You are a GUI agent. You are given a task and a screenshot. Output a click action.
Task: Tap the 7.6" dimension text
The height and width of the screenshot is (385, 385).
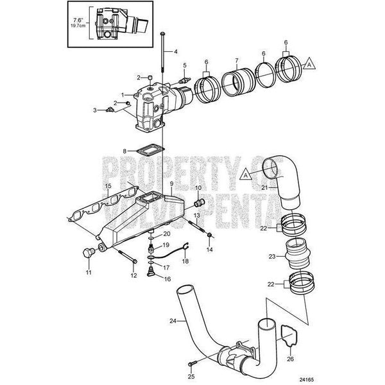(x=80, y=21)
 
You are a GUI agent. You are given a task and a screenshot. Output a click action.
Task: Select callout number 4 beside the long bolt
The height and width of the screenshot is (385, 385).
(x=176, y=51)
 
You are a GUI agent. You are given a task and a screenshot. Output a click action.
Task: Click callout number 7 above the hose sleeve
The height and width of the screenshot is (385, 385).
(x=237, y=60)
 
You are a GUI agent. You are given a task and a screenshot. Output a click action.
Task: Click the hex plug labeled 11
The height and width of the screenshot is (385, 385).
(x=89, y=253)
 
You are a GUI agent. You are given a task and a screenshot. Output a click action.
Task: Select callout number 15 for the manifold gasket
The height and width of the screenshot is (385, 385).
(x=108, y=186)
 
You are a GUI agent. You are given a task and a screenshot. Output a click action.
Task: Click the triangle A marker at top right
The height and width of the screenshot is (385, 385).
(x=309, y=64)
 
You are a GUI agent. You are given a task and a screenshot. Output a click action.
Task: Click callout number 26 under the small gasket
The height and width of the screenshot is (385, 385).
(x=290, y=359)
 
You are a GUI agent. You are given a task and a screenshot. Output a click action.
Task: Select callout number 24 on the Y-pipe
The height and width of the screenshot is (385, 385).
(x=173, y=321)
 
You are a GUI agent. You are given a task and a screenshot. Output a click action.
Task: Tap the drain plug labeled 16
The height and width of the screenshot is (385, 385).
(x=150, y=273)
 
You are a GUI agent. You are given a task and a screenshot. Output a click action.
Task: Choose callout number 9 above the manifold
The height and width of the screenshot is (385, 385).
(x=171, y=184)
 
